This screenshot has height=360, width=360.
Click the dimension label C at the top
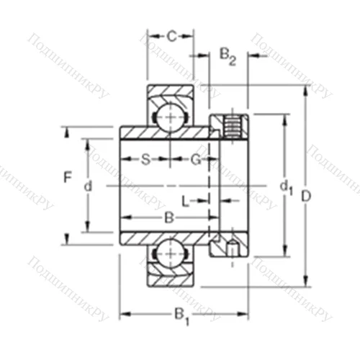click(171, 35)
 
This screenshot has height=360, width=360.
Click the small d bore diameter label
click(88, 186)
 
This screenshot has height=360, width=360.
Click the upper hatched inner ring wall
click(166, 134)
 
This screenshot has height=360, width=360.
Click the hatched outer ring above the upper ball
click(171, 91)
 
